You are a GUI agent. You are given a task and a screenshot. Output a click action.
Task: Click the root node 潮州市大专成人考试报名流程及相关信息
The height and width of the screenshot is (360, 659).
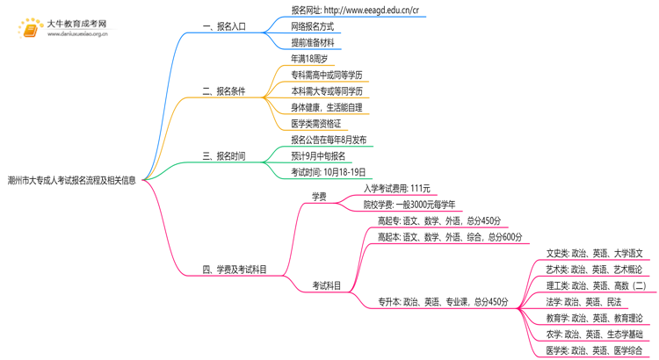pyautogui.click(x=71, y=180)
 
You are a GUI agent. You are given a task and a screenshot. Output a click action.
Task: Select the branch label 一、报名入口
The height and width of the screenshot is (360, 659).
pyautogui.click(x=224, y=26)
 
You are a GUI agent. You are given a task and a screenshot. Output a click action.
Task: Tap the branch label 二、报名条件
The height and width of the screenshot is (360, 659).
pyautogui.click(x=224, y=91)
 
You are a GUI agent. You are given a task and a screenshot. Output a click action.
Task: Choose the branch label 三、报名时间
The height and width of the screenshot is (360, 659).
pyautogui.click(x=224, y=156)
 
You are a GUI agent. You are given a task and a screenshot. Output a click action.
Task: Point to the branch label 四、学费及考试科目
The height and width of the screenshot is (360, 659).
pyautogui.click(x=235, y=270)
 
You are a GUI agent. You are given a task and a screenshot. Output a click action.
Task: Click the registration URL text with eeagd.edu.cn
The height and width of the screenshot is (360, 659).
pyautogui.click(x=355, y=11)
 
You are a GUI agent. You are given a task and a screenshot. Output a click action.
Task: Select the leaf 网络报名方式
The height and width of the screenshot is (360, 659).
pyautogui.click(x=312, y=26)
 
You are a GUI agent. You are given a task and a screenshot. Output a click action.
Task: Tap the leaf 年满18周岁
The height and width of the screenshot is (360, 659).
pyautogui.click(x=309, y=59)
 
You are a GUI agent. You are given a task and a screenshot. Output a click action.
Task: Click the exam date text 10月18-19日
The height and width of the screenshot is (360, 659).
pyautogui.click(x=328, y=172)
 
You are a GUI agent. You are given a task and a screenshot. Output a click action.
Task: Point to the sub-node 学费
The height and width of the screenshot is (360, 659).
pyautogui.click(x=319, y=197)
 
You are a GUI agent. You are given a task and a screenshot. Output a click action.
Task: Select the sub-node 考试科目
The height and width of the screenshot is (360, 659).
pyautogui.click(x=327, y=286)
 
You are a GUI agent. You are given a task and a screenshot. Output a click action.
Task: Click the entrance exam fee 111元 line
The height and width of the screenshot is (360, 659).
pyautogui.click(x=397, y=189)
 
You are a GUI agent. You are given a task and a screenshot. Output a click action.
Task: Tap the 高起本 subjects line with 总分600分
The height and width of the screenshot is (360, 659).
pyautogui.click(x=449, y=237)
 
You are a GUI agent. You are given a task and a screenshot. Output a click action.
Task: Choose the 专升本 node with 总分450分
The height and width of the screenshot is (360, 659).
pyautogui.click(x=443, y=302)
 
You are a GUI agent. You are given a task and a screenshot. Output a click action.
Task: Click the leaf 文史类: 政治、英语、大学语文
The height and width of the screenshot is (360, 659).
pyautogui.click(x=594, y=253)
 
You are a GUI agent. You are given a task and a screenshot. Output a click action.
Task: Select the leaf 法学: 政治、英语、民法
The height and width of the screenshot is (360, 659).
pyautogui.click(x=583, y=302)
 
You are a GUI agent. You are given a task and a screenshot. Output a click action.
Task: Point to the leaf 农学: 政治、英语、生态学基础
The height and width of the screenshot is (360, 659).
pyautogui.click(x=594, y=335)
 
